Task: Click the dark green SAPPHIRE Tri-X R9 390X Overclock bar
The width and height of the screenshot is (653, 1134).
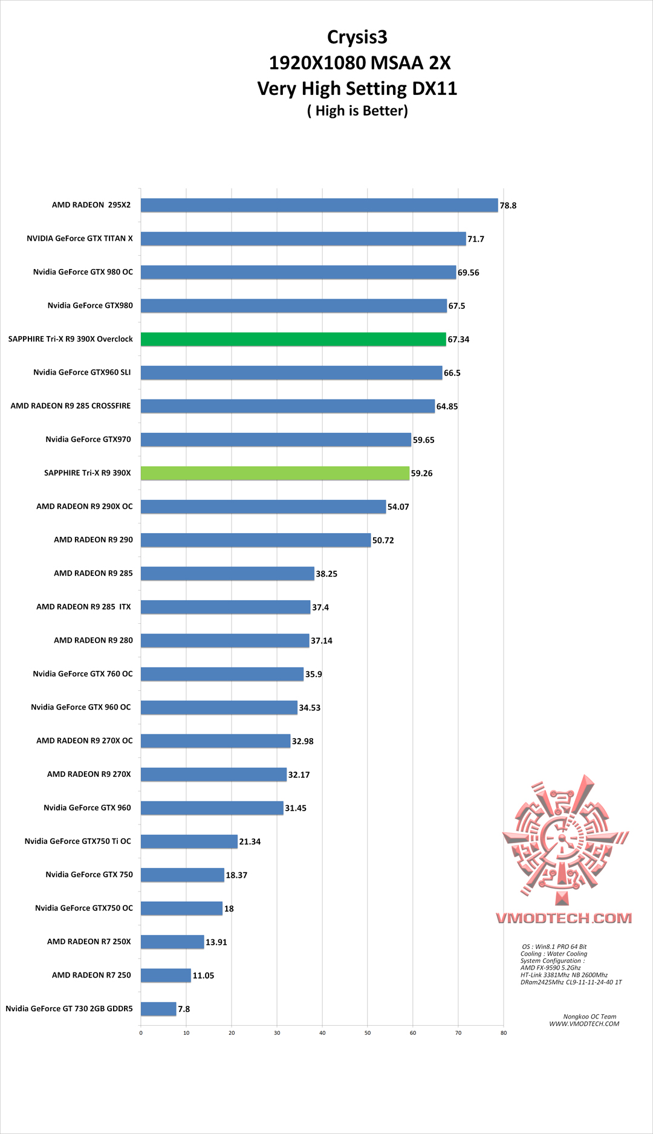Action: tap(293, 339)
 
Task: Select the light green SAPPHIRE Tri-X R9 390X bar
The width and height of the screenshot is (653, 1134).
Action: tap(275, 473)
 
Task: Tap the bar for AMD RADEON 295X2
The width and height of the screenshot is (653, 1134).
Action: tap(319, 206)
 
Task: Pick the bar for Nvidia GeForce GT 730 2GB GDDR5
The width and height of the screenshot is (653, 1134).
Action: tap(158, 1009)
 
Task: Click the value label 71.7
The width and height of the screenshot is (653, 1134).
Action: tap(476, 239)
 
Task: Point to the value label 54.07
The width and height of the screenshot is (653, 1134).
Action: tap(398, 507)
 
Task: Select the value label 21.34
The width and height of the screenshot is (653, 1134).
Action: tap(250, 842)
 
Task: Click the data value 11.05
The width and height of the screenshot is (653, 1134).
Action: tap(203, 976)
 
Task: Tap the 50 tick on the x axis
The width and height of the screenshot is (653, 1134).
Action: tap(368, 1033)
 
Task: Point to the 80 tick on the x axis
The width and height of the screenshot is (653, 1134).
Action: tap(504, 1033)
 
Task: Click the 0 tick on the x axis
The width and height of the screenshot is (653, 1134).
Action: tap(141, 1033)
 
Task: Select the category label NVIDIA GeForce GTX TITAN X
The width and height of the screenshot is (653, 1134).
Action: tap(80, 239)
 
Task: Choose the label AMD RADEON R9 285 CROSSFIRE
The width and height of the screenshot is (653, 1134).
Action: tap(71, 406)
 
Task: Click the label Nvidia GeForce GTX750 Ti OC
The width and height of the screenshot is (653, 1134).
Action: tap(78, 841)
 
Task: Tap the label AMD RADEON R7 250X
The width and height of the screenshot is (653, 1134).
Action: tap(89, 942)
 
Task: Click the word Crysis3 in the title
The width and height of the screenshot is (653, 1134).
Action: tap(357, 37)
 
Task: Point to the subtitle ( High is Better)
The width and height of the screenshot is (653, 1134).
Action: tap(357, 111)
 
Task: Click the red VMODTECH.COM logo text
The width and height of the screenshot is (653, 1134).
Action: tap(564, 918)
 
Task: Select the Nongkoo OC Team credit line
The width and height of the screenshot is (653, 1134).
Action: tap(590, 1017)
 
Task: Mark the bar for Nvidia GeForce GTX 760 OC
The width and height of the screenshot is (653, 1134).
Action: tap(222, 674)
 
